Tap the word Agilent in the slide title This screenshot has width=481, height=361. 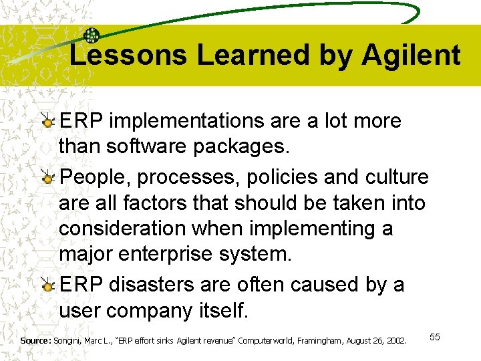411,55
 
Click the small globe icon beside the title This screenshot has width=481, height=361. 92,36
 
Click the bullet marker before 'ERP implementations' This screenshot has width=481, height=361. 48,122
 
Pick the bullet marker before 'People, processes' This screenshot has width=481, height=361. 48,178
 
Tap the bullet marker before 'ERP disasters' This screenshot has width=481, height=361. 48,285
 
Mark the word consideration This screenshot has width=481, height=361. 122,229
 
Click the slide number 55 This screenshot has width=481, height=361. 434,337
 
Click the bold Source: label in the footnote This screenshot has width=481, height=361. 35,341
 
